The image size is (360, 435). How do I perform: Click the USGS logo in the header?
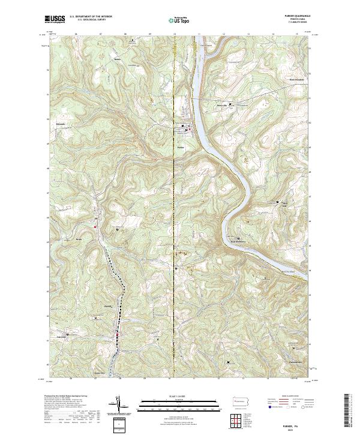pyautogui.click(x=55, y=19)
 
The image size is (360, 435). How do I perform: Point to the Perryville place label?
pyautogui.click(x=223, y=109)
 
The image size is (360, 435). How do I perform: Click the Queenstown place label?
pyautogui.click(x=294, y=362)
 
